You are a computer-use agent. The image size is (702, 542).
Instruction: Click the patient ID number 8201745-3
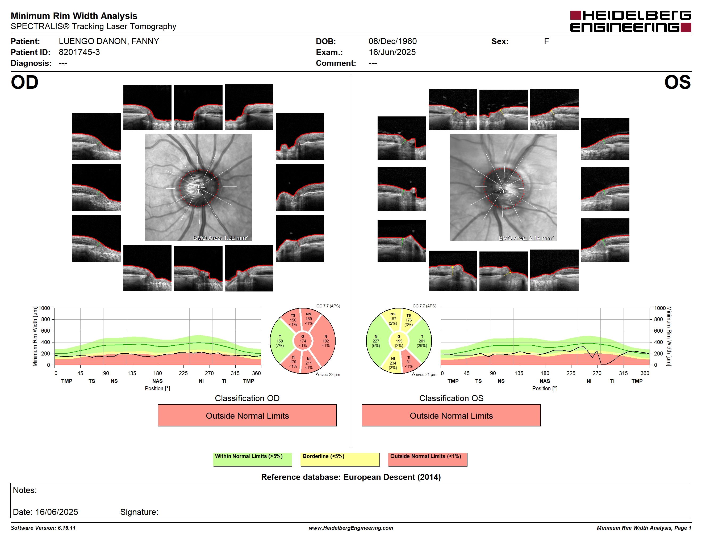tap(79, 52)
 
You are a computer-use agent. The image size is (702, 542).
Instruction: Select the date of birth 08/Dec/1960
tap(392, 41)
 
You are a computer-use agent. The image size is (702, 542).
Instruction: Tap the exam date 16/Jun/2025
tap(392, 52)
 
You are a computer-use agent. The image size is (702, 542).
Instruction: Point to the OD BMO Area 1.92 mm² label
tap(220, 238)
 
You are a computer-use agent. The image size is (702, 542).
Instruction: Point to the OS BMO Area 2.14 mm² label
tap(526, 238)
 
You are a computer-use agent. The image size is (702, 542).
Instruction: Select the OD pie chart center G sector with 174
tap(303, 341)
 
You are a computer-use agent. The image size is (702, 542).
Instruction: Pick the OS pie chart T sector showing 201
tap(421, 341)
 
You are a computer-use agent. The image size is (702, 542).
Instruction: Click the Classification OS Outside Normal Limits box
tap(451, 415)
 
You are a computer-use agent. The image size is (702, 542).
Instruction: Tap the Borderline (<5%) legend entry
tap(340, 459)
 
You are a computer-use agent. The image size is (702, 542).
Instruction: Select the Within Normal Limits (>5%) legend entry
tap(252, 459)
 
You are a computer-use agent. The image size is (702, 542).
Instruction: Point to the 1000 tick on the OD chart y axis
tap(44, 308)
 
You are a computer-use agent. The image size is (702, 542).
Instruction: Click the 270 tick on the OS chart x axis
tap(597, 373)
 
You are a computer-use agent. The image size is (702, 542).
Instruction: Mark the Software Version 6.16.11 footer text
tap(43, 528)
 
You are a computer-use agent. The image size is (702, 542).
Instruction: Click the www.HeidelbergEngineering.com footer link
tap(351, 528)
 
